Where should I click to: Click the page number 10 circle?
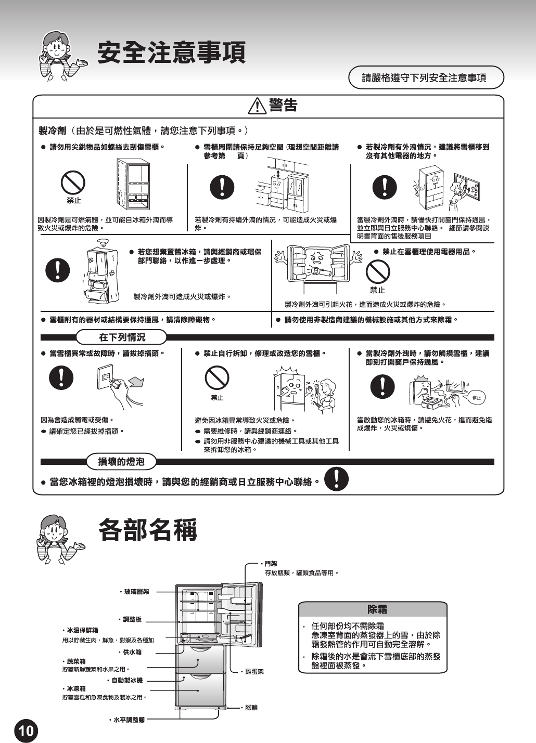pyautogui.click(x=25, y=731)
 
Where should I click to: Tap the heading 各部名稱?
pyautogui.click(x=148, y=530)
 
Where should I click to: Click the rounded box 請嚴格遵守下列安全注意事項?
pyautogui.click(x=425, y=77)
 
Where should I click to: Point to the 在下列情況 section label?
pyautogui.click(x=122, y=337)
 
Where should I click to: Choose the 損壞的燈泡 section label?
pyautogui.click(x=121, y=461)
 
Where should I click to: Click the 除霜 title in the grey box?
pyautogui.click(x=377, y=609)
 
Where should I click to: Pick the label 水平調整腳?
pyautogui.click(x=128, y=720)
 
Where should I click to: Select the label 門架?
pyautogui.click(x=270, y=564)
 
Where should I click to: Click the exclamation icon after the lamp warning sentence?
pyautogui.click(x=337, y=479)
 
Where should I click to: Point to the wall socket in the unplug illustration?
pyautogui.click(x=106, y=376)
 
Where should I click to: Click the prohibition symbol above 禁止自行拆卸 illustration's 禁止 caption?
pyautogui.click(x=216, y=377)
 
